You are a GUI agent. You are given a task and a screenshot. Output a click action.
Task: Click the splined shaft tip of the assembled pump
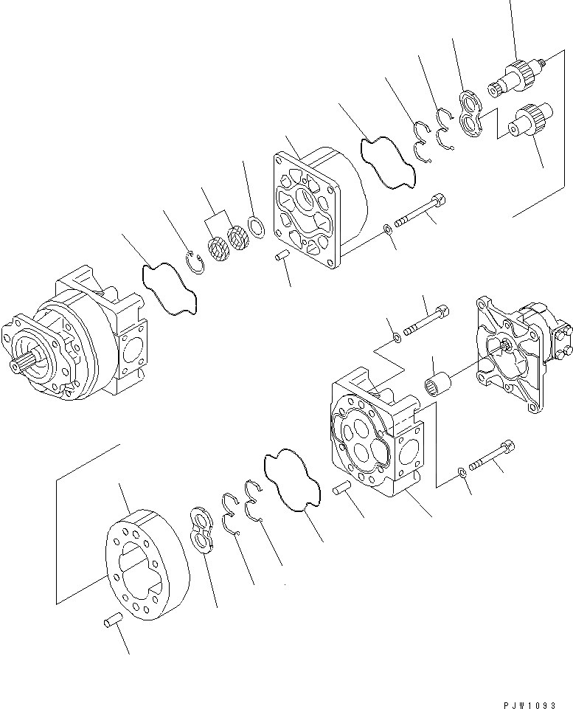pyautogui.click(x=21, y=364)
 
